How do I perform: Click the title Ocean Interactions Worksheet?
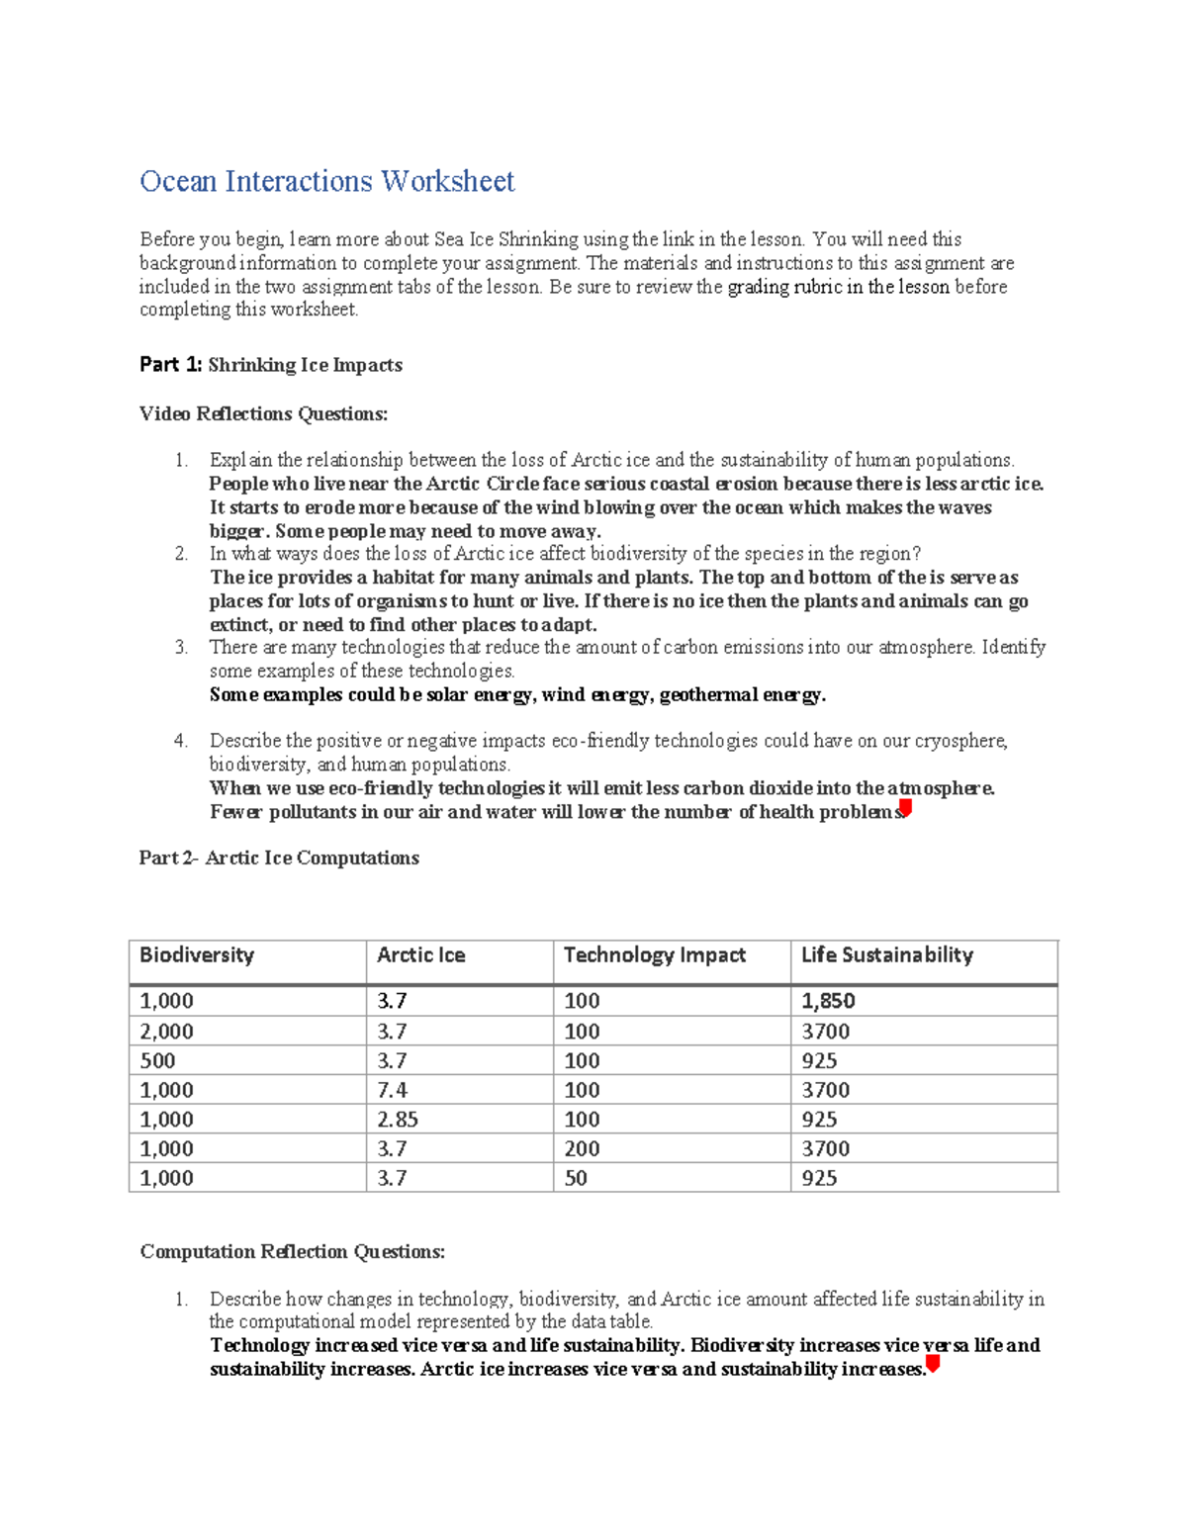[326, 182]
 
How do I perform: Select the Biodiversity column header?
[197, 955]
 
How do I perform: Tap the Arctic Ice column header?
[420, 955]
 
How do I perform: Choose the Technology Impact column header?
[654, 955]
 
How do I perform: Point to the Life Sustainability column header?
[886, 955]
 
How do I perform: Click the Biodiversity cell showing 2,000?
[166, 1032]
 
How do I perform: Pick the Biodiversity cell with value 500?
[157, 1061]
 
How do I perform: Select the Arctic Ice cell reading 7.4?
[392, 1090]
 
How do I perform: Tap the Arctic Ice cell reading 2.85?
[397, 1120]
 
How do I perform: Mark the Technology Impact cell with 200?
[582, 1149]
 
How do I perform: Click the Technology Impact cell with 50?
[575, 1179]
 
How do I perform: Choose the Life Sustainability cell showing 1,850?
[828, 1002]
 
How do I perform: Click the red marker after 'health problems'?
[905, 809]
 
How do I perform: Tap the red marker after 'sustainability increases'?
[932, 1366]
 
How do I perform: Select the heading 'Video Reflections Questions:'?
[263, 414]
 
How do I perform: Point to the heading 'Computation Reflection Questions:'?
[292, 1252]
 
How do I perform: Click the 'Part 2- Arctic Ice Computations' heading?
[279, 858]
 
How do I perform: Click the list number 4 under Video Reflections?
[180, 741]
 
